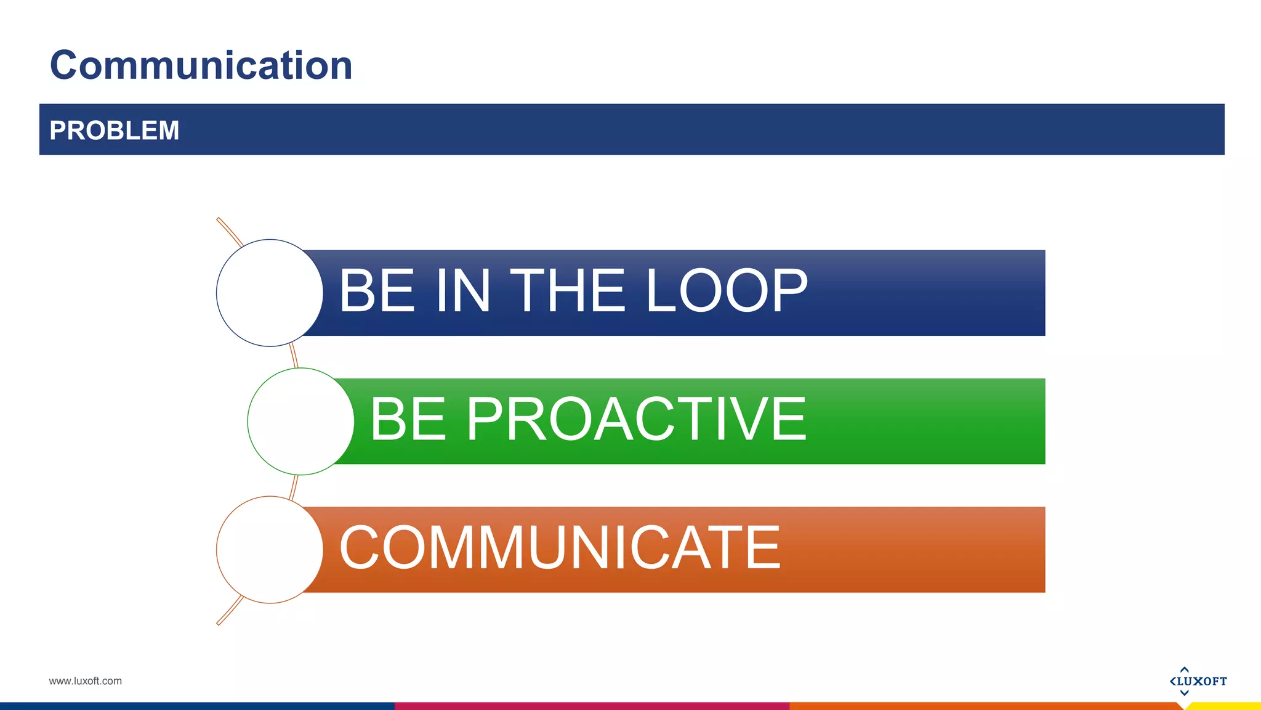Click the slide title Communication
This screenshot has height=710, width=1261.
(x=201, y=65)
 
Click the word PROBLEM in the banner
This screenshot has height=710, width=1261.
(x=114, y=131)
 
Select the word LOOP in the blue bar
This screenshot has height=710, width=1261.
(x=727, y=291)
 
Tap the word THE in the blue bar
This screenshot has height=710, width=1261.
(x=568, y=291)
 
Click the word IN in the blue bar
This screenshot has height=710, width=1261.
(x=463, y=291)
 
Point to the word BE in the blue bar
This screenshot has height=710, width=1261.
(x=377, y=291)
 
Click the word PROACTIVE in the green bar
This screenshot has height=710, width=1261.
(x=637, y=420)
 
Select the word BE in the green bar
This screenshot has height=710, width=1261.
(x=408, y=420)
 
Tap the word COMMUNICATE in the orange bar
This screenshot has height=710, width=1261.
(x=560, y=548)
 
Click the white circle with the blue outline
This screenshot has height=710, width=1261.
(x=270, y=293)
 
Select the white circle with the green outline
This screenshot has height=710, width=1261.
(x=300, y=422)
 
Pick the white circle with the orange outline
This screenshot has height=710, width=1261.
(x=270, y=550)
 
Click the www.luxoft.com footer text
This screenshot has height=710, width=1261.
(x=85, y=681)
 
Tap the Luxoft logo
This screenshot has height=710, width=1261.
(x=1198, y=681)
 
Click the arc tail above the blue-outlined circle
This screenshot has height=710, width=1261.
(x=229, y=232)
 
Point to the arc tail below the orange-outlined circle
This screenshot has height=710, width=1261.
(x=229, y=611)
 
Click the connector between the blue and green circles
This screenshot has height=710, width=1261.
(x=294, y=356)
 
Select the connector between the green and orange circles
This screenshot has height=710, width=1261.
(x=294, y=486)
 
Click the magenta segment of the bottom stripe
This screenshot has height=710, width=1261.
(x=591, y=706)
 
